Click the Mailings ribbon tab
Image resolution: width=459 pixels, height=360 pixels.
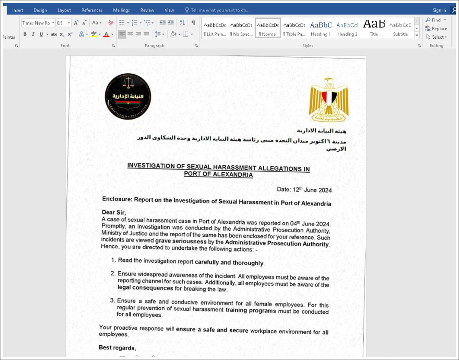coord(121,10)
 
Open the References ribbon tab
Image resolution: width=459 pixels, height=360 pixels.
coord(92,10)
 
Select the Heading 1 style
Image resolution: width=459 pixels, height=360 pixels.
coord(321,29)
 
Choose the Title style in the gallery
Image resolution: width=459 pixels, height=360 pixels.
coord(374,29)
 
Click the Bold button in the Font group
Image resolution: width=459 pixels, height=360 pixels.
coord(25,34)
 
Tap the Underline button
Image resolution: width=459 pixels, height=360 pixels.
coord(41,34)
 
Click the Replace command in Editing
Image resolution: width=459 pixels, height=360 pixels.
coord(436,29)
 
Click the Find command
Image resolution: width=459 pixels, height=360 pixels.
coord(436,20)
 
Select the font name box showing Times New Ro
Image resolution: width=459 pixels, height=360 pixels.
coord(36,23)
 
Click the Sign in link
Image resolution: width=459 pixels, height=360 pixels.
coord(439,10)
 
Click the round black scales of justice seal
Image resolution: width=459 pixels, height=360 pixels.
coord(128,97)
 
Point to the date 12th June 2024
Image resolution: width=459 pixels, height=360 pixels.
coord(304,190)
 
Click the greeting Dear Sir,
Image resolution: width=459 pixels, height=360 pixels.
coord(114,212)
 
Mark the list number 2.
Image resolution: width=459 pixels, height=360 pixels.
coord(113,273)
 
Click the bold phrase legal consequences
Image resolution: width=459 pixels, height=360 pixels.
coord(145,288)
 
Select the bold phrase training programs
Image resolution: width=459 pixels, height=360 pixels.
coord(251,310)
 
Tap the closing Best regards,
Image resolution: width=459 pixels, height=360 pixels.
coord(117,348)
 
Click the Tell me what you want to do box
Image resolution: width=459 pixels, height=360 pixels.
coord(220,10)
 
